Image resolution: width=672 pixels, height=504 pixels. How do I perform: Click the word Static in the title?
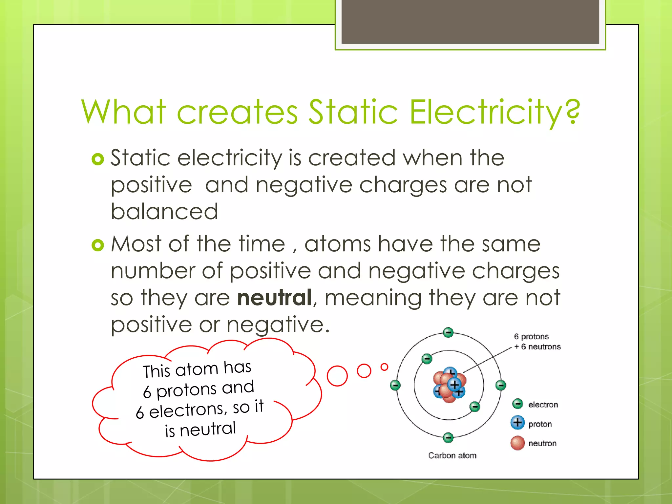click(x=353, y=112)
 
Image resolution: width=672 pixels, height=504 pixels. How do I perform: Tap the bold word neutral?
click(x=274, y=298)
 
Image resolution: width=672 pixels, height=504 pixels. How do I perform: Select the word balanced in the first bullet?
click(x=164, y=212)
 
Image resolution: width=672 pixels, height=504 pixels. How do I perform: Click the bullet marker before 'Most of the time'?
click(x=98, y=245)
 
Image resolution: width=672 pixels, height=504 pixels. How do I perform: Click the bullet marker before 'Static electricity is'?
click(x=98, y=159)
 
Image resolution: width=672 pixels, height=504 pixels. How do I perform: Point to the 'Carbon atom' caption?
click(x=452, y=455)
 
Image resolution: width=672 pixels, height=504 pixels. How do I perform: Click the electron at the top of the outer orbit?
click(x=448, y=332)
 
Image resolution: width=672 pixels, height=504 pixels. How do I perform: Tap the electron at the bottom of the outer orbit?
click(x=448, y=437)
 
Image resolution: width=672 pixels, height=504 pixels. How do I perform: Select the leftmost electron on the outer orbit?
click(x=395, y=385)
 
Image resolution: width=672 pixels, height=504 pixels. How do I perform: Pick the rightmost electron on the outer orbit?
click(x=501, y=385)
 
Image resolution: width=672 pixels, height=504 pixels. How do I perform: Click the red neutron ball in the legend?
click(x=518, y=443)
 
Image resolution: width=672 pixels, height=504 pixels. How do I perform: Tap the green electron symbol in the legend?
click(x=518, y=404)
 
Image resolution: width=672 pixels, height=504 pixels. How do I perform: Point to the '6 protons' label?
click(x=531, y=337)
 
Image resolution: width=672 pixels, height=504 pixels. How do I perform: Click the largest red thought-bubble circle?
click(x=337, y=376)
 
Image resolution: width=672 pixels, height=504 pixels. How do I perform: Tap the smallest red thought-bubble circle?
click(x=384, y=367)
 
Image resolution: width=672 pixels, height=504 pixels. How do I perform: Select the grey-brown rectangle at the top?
click(x=470, y=22)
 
